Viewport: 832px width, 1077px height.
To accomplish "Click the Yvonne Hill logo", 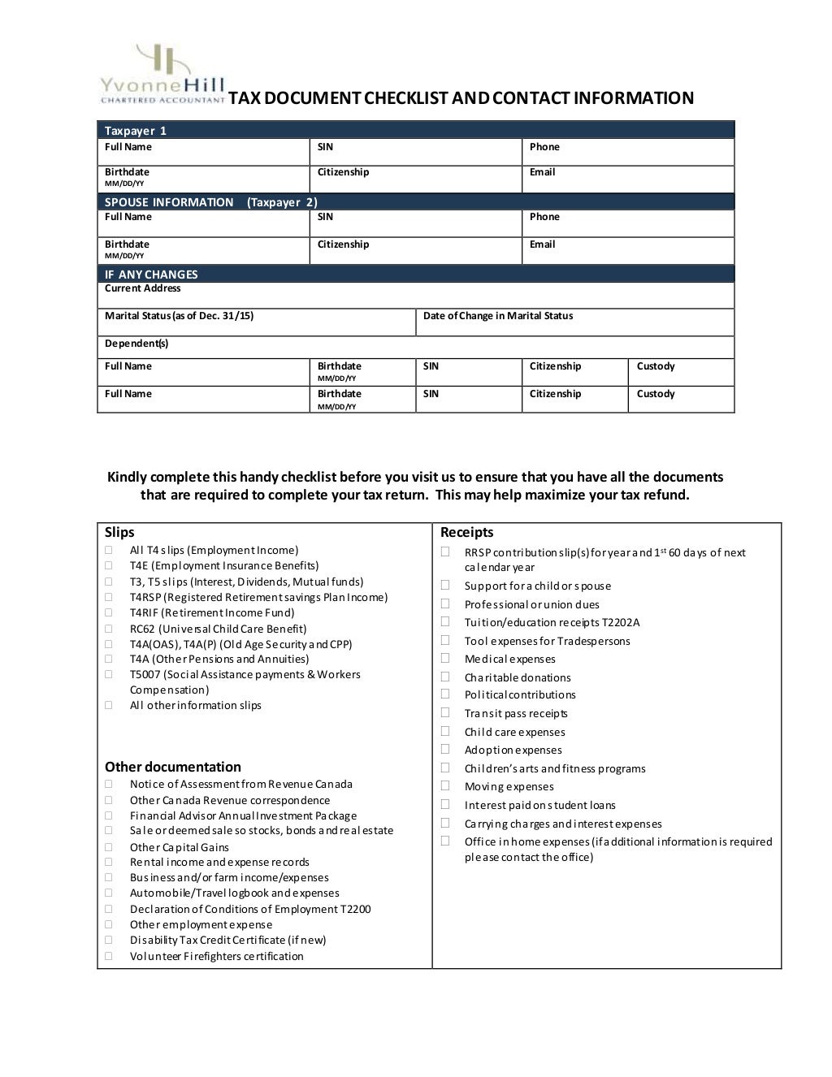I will point(162,75).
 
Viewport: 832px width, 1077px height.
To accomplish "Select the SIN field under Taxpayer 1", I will point(415,152).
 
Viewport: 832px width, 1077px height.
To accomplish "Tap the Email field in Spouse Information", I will point(627,250).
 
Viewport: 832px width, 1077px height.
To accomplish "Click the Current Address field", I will point(415,295).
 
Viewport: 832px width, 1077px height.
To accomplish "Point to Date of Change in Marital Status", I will point(498,316).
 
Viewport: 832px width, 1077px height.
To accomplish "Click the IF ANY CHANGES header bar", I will point(415,274).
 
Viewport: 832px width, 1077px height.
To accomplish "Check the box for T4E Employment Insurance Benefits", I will point(108,565).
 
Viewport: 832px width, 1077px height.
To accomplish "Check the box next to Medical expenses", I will point(445,658).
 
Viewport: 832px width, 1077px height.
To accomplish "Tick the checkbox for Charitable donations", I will point(445,677).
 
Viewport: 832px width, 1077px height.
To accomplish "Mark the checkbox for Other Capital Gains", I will point(108,846).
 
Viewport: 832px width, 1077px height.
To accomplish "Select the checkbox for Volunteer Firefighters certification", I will point(108,955).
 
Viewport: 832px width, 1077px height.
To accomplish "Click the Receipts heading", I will point(466,532).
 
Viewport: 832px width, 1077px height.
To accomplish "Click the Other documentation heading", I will point(172,767).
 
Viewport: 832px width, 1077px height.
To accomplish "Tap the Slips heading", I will point(119,532).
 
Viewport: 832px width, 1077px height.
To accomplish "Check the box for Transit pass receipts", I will point(445,712).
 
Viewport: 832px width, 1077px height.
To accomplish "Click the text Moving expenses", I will point(509,786).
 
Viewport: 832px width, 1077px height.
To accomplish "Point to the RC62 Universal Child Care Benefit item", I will point(218,629).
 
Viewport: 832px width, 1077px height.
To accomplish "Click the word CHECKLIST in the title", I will point(405,98).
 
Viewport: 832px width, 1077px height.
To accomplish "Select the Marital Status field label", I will point(179,316).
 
